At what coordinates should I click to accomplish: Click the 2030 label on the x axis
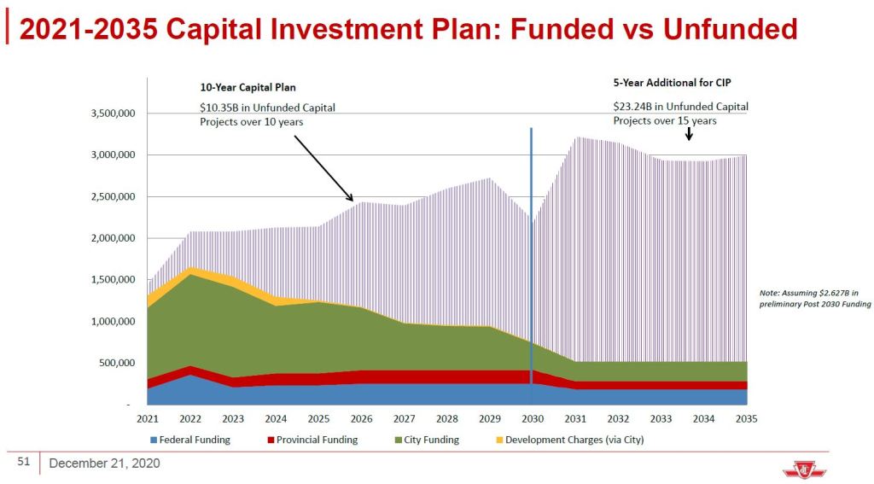point(533,419)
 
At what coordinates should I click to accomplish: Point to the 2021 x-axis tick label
point(148,419)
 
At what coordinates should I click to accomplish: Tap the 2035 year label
point(747,419)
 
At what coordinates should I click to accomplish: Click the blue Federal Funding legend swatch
point(154,440)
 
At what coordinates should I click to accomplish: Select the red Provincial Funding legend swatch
point(271,440)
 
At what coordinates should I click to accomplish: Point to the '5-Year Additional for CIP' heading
point(672,83)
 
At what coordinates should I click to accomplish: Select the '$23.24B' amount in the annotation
point(632,107)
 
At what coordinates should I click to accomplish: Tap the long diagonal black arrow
point(323,166)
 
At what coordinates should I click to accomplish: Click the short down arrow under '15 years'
point(689,134)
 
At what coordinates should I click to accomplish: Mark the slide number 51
point(24,463)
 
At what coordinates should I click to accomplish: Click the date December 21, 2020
point(104,464)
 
